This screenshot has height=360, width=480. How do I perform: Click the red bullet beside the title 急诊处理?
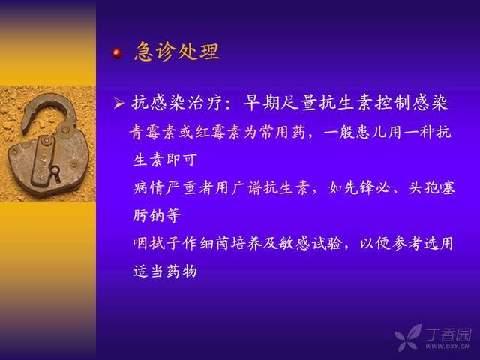(117, 53)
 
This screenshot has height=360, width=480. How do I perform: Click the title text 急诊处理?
(177, 51)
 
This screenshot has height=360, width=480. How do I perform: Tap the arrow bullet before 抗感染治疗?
(118, 103)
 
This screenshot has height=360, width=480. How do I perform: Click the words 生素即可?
(165, 160)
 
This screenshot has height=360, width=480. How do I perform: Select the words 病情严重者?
(173, 187)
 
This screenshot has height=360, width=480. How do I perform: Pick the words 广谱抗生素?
(269, 187)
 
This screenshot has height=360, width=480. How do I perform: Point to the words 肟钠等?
(157, 215)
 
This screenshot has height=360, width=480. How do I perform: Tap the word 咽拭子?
(157, 243)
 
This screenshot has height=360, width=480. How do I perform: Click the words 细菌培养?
(230, 243)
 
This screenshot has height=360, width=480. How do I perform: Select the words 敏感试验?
(310, 243)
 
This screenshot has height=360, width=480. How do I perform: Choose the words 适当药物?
(165, 271)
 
